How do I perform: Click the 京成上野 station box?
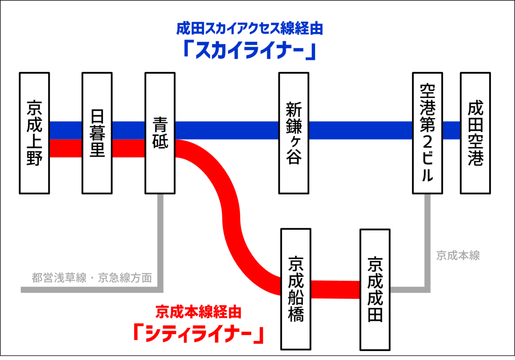pyautogui.click(x=35, y=133)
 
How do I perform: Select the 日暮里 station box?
pyautogui.click(x=97, y=133)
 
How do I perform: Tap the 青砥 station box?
pyautogui.click(x=160, y=133)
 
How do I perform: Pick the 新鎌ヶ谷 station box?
pyautogui.click(x=294, y=133)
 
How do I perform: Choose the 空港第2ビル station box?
pyautogui.click(x=427, y=133)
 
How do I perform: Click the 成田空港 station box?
pyautogui.click(x=476, y=133)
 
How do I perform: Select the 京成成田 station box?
pyautogui.click(x=375, y=290)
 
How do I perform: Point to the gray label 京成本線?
pyautogui.click(x=458, y=256)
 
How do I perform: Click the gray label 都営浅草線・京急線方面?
pyautogui.click(x=92, y=278)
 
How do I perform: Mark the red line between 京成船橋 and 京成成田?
pyautogui.click(x=335, y=289)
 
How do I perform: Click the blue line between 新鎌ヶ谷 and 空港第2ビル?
pyautogui.click(x=360, y=130)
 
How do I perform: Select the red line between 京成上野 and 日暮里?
pyautogui.click(x=66, y=148)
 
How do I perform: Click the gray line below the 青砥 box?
pyautogui.click(x=161, y=240)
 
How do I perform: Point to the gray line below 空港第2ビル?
pyautogui.click(x=427, y=240)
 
